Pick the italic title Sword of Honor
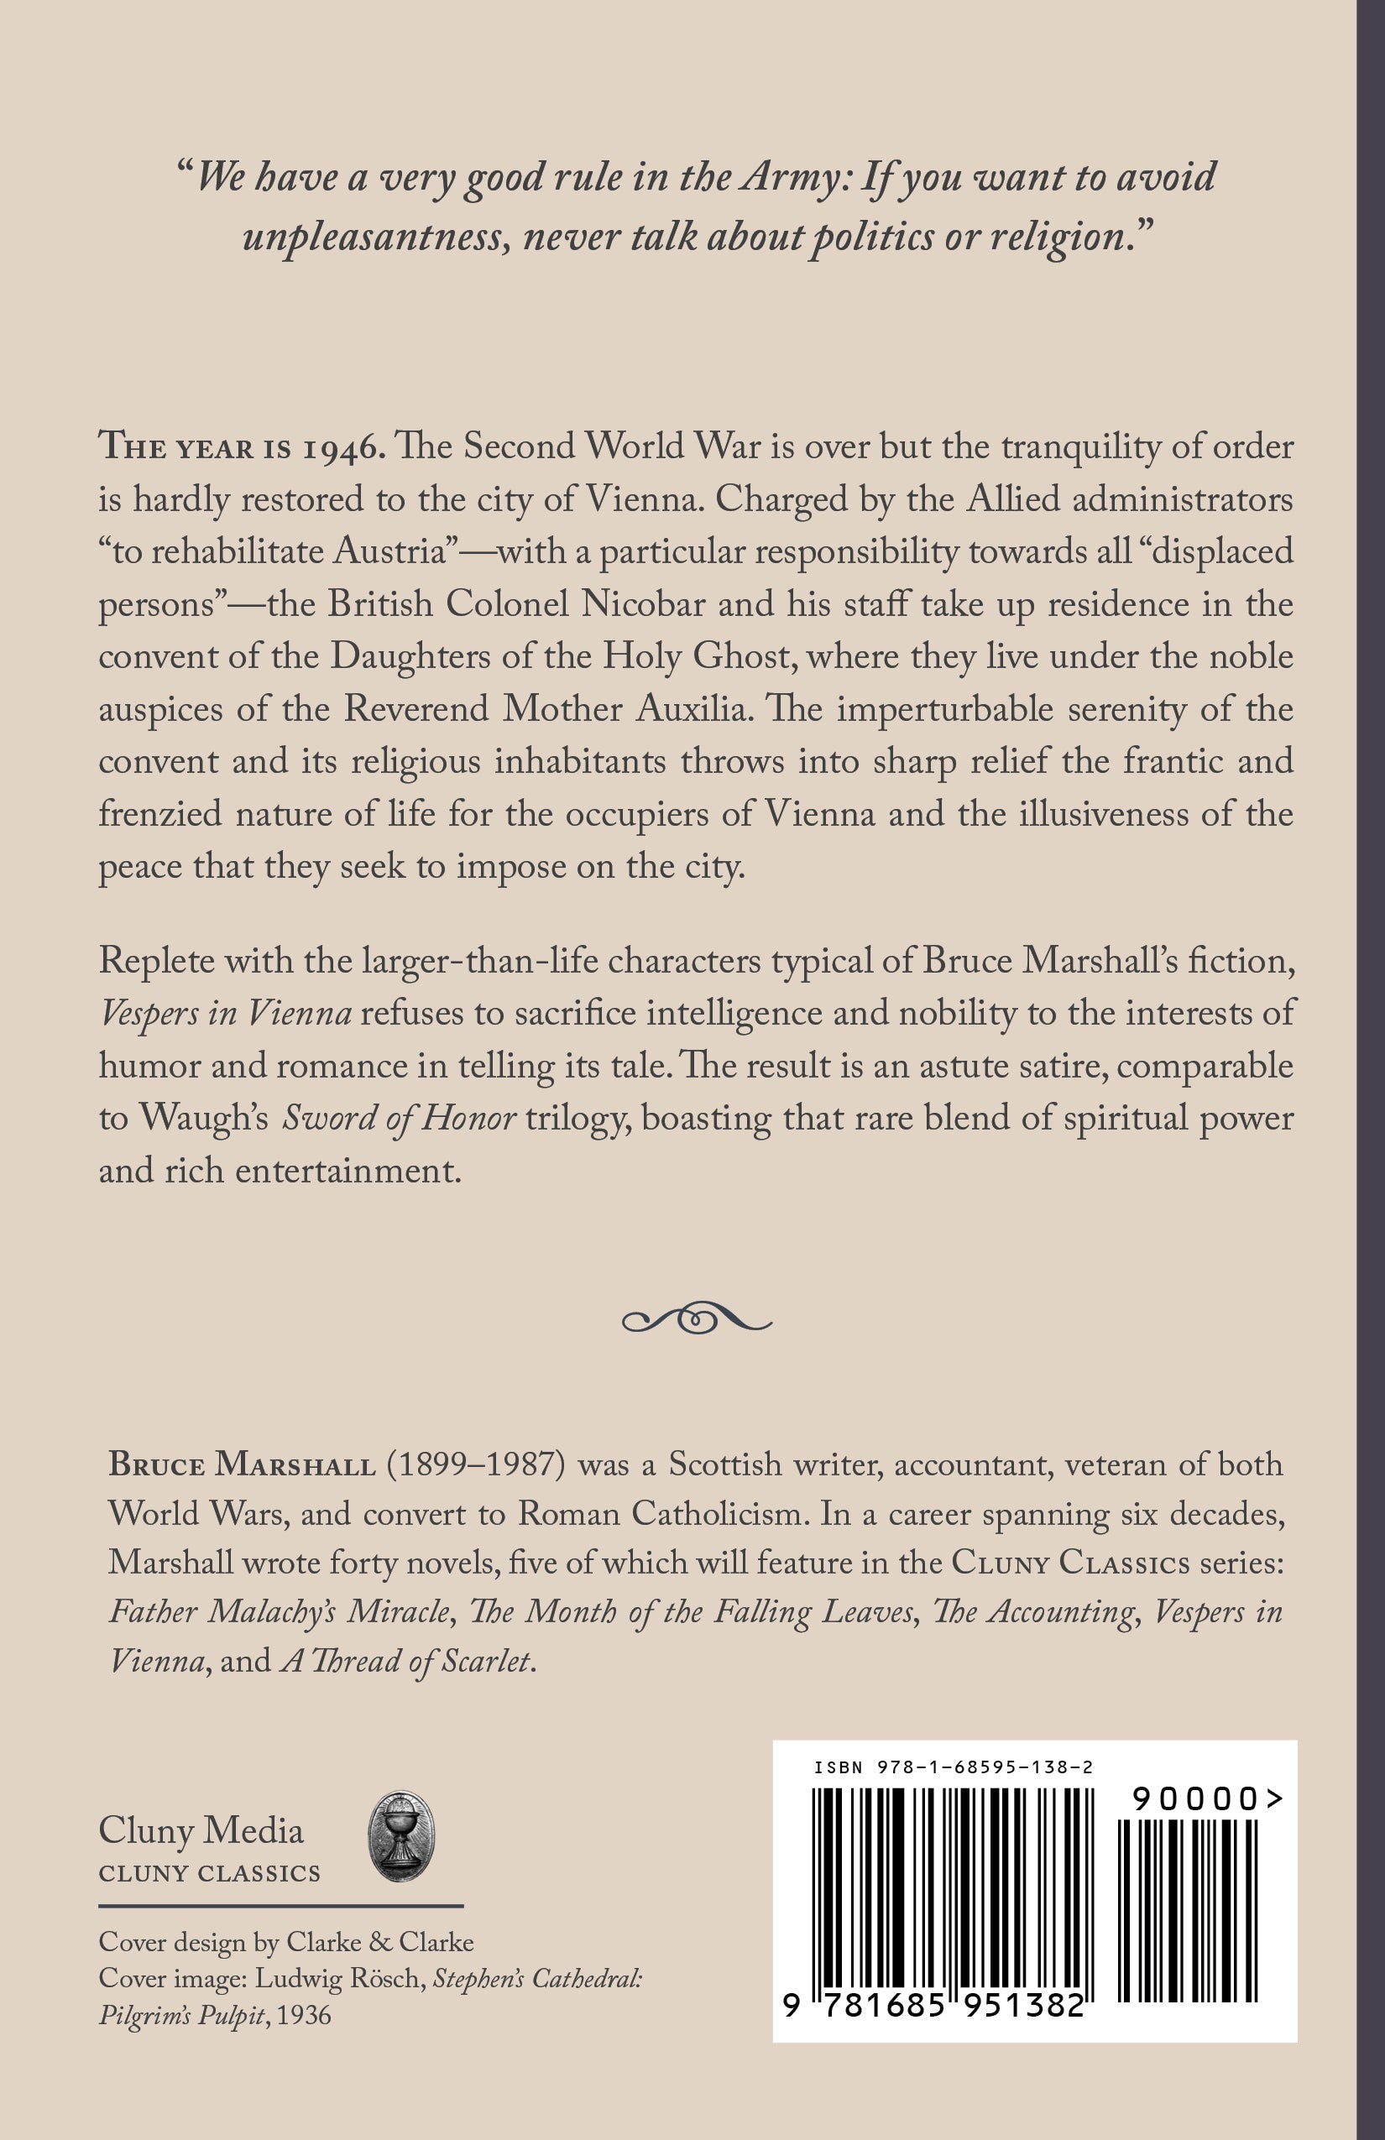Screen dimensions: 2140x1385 [399, 1119]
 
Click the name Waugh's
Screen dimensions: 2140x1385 [203, 1119]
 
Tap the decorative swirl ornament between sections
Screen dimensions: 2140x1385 [696, 1319]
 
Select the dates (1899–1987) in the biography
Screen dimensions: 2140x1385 [476, 1464]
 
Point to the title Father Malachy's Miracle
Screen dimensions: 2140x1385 [279, 1611]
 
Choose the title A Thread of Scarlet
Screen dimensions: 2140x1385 [407, 1661]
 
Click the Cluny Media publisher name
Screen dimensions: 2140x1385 [201, 1830]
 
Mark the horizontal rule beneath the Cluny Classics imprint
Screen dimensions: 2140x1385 [280, 1905]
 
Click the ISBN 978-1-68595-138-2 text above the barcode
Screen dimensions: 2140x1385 [954, 1767]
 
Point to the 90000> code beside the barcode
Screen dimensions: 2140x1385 [1206, 1798]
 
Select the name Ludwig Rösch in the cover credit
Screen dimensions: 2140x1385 [337, 1979]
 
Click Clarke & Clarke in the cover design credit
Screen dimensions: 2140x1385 [379, 1942]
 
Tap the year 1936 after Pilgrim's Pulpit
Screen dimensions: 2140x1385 [304, 2016]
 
